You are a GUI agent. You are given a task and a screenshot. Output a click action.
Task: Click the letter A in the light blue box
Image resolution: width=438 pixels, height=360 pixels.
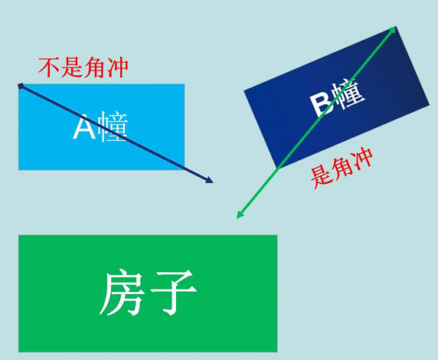(84, 127)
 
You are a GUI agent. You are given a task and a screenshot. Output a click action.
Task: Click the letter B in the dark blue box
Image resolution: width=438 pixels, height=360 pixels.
(322, 105)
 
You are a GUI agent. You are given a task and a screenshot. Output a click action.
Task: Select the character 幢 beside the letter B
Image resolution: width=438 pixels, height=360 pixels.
(349, 93)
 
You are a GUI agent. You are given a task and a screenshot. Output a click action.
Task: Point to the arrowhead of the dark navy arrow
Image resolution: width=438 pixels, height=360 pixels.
(210, 180)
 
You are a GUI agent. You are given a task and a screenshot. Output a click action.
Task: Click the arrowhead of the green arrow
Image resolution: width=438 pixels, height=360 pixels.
(240, 214)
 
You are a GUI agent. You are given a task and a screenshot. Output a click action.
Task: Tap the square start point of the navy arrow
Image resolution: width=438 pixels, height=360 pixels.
(21, 86)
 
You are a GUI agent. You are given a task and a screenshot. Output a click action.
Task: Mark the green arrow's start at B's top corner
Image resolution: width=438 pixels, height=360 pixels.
(393, 30)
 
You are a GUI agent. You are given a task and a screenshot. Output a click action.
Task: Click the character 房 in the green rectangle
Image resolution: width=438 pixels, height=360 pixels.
(122, 293)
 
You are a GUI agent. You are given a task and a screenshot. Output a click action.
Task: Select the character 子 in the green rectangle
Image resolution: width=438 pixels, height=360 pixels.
(174, 293)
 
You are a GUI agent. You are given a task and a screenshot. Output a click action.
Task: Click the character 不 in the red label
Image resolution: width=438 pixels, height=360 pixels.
(49, 67)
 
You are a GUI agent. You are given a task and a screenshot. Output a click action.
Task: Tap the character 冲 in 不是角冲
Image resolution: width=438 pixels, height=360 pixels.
(117, 67)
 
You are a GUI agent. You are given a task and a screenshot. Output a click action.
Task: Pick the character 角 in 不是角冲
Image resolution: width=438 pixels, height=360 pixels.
(95, 67)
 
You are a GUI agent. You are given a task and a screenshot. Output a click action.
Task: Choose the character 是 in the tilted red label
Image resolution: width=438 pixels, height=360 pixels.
(320, 178)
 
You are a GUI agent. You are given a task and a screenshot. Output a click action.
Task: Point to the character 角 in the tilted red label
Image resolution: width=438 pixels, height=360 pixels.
(341, 169)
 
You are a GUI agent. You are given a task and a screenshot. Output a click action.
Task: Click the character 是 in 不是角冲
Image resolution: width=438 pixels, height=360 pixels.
(72, 67)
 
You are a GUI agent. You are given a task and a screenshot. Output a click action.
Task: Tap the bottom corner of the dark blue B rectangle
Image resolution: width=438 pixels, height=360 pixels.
(277, 169)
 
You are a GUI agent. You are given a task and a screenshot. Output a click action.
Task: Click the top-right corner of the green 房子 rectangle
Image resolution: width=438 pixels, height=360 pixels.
(277, 235)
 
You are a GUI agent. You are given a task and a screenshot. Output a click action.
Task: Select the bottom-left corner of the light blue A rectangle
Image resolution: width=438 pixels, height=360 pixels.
(18, 169)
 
